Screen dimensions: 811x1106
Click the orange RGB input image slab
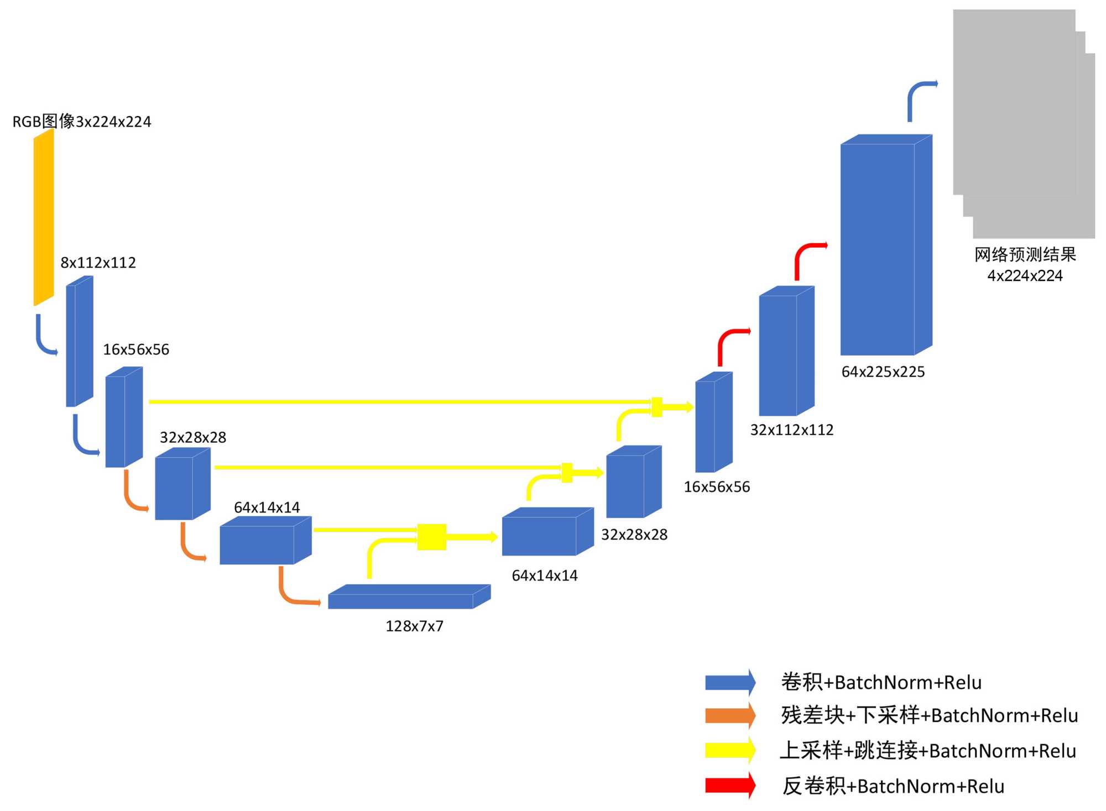click(44, 217)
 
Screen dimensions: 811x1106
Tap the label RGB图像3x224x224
click(82, 122)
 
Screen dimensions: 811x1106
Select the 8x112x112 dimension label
click(98, 263)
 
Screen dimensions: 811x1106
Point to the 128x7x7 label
click(414, 626)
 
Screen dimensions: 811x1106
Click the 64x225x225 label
click(883, 372)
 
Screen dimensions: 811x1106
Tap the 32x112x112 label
click(791, 430)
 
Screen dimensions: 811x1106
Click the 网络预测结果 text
click(1025, 255)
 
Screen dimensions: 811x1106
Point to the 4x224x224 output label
click(1025, 276)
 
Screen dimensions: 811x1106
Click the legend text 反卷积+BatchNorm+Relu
click(893, 786)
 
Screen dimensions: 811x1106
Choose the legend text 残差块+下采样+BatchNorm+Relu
click(929, 716)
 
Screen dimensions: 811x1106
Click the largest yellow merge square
click(431, 537)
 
